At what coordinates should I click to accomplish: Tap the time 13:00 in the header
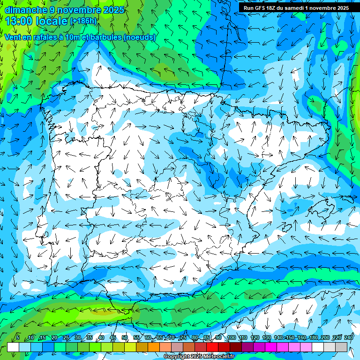coord(19,21)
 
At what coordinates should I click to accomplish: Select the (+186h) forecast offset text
coord(83,21)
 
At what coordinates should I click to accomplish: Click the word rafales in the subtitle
coord(57,37)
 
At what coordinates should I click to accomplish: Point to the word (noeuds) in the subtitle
coord(140,37)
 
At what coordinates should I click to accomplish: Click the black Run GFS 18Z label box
coord(296,8)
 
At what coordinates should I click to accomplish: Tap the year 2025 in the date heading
coord(114,10)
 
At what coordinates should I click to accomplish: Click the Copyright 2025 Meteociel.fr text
coord(199,357)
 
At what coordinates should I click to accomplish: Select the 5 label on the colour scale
coord(18,337)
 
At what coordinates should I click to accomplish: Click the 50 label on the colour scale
coord(125,337)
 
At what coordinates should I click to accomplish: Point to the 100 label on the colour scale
coord(231,337)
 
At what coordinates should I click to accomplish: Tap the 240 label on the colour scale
coord(349,337)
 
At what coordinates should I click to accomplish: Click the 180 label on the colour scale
coord(313,337)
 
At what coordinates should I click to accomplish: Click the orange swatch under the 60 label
coord(154,347)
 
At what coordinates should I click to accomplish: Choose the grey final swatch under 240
coord(342,347)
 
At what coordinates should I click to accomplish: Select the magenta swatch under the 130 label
coord(271,347)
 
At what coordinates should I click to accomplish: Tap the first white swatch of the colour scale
coord(13,347)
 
